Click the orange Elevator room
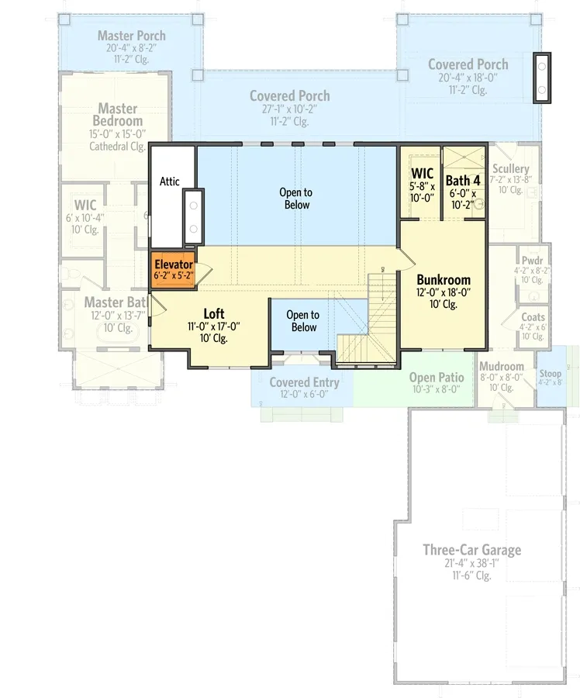173,270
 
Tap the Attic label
170,181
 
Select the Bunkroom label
444,280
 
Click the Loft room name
214,314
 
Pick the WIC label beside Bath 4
422,172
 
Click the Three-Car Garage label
471,550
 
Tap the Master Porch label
132,36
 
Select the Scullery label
510,169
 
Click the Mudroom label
501,367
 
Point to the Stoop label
551,374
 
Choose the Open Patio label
437,378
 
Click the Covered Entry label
304,382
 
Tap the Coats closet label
533,317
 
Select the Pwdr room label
532,261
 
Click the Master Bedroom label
117,115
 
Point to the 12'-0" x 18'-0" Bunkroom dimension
444,292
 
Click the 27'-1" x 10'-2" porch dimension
289,109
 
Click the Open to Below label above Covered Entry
302,321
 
